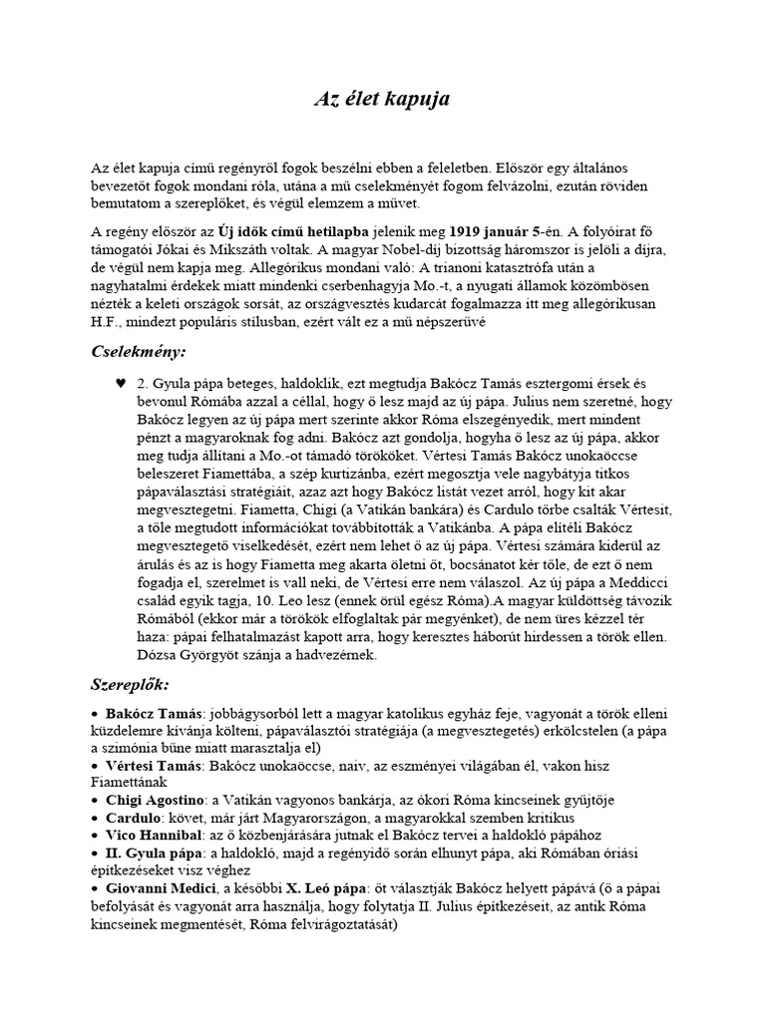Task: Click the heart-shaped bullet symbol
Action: tap(119, 383)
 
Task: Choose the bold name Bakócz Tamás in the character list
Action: tap(150, 715)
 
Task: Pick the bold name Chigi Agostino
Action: tap(153, 799)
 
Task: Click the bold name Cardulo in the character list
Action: tap(129, 818)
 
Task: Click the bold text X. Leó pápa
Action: tap(303, 887)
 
